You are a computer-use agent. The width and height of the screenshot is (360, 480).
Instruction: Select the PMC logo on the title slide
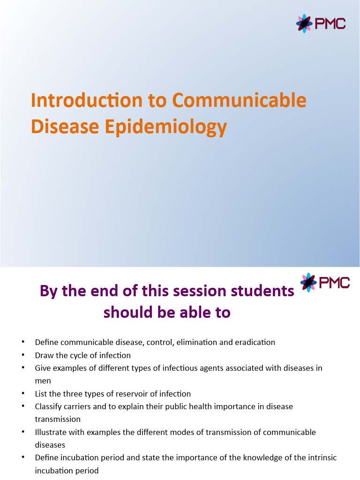point(321,23)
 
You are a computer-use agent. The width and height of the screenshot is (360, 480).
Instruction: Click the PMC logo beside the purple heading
point(325,283)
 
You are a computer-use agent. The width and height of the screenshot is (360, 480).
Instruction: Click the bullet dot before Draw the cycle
point(23,355)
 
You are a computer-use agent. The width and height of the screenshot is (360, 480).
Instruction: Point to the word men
point(43,381)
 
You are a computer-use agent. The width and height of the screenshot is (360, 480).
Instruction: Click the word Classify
point(48,406)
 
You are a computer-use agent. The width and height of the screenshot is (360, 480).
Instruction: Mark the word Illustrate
point(51,432)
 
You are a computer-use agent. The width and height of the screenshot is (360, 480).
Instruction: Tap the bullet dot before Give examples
point(23,368)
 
